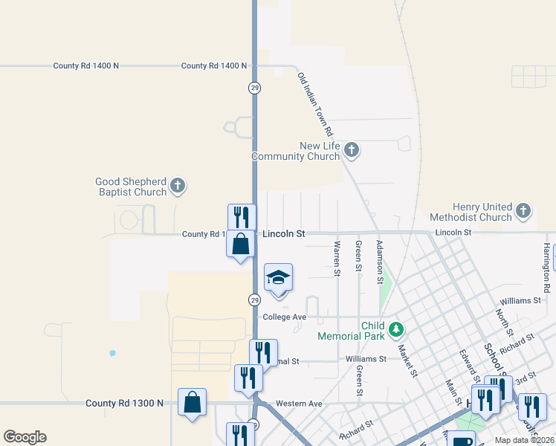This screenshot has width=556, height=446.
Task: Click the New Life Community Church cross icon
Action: point(352,151)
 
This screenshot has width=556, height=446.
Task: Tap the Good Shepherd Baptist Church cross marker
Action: point(177,186)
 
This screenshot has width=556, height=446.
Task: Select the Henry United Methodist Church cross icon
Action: point(523,211)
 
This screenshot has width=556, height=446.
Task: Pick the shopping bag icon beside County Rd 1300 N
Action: point(193,402)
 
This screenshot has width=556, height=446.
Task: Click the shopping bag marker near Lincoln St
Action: point(241,245)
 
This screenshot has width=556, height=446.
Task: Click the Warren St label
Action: point(337,258)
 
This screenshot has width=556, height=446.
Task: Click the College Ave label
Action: point(285,317)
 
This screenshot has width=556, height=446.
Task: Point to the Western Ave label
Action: point(299,404)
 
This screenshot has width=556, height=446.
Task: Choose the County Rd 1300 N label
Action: point(124,403)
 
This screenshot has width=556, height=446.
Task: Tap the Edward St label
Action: point(468,366)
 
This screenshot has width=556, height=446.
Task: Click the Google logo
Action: point(25,437)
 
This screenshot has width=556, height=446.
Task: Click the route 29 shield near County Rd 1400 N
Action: point(254,88)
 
